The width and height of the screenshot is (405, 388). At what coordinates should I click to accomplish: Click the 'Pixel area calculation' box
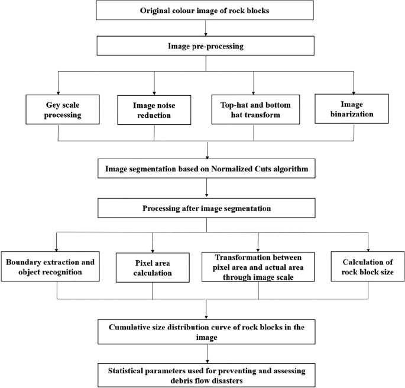click(153, 266)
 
